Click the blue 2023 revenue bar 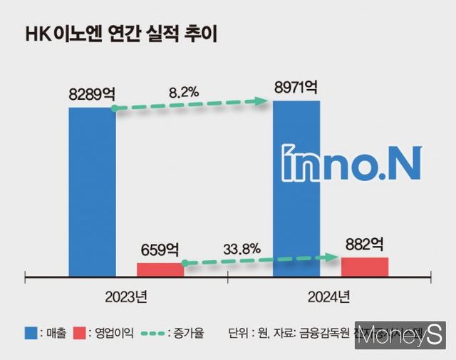(x=92, y=191)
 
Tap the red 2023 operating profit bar (x=160, y=269)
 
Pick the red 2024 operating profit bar (x=365, y=267)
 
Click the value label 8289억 (x=92, y=93)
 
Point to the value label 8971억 (x=296, y=88)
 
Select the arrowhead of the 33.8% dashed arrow (x=335, y=257)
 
